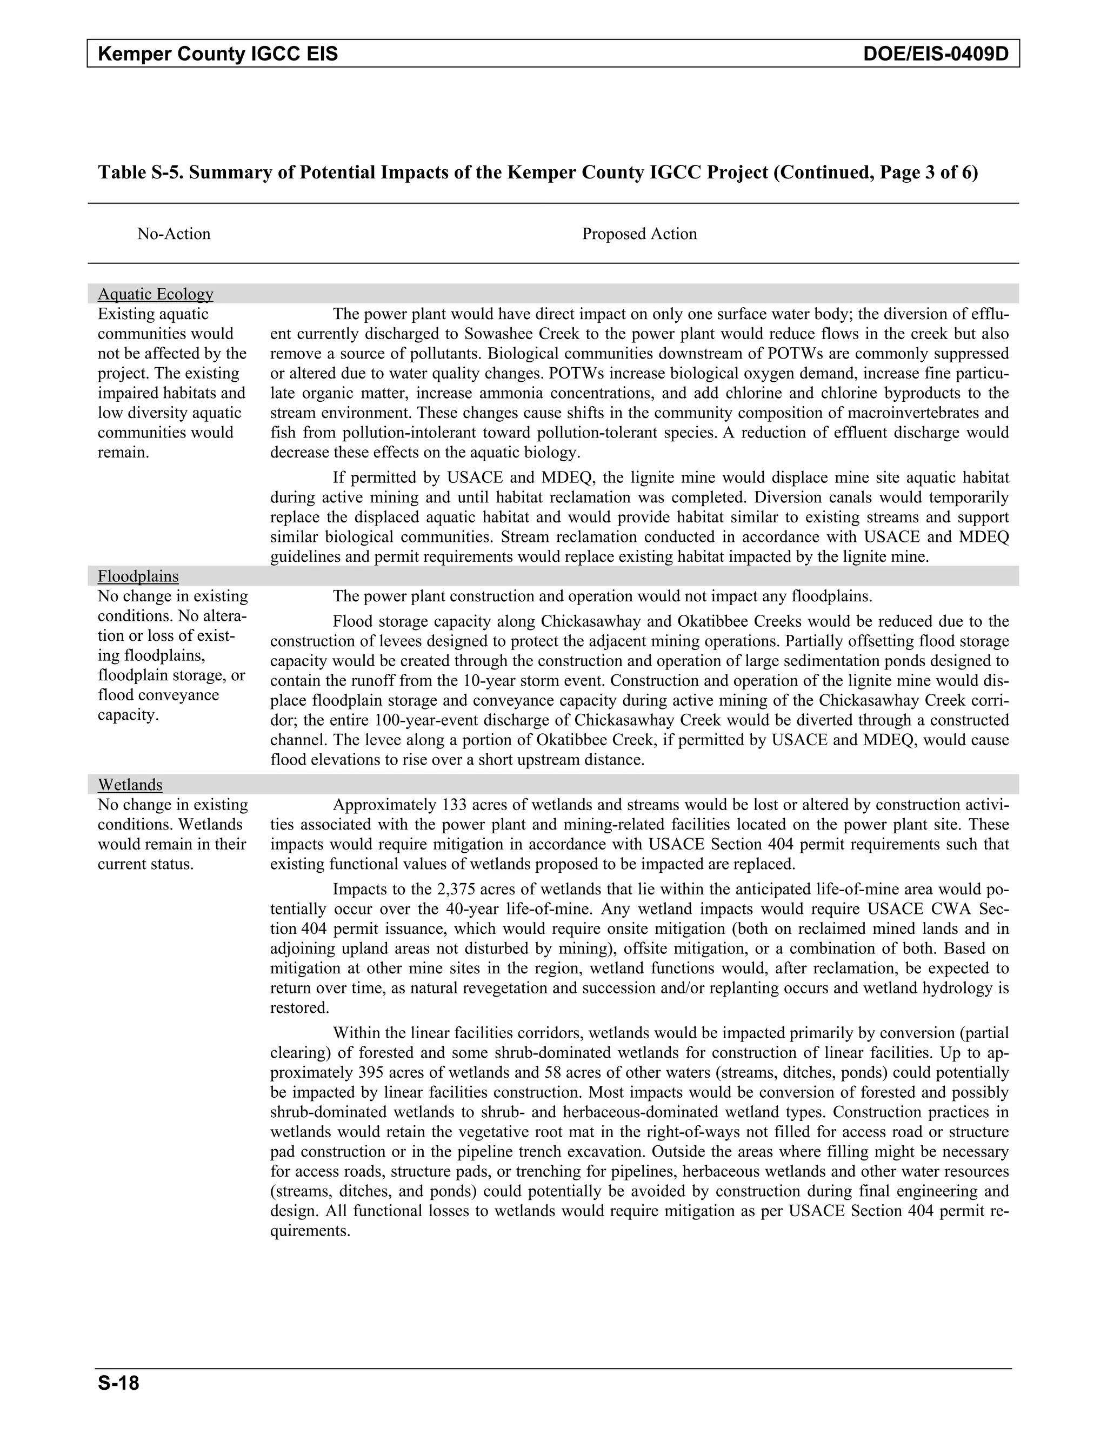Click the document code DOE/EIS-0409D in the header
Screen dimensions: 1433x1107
click(x=935, y=54)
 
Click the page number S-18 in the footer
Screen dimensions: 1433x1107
click(x=119, y=1384)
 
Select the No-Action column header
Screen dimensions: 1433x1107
click(x=174, y=234)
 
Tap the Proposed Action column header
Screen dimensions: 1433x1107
click(x=639, y=234)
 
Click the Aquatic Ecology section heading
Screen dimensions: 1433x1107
click(x=156, y=294)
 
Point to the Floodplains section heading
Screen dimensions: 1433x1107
click(x=138, y=576)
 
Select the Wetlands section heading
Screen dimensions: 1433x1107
click(x=130, y=785)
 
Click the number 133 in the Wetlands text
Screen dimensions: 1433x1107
click(x=454, y=805)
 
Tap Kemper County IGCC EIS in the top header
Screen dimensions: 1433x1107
click(x=218, y=54)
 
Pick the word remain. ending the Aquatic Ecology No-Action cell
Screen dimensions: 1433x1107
click(x=123, y=453)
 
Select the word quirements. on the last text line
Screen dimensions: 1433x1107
click(x=310, y=1231)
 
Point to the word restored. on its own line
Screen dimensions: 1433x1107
click(x=299, y=1008)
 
